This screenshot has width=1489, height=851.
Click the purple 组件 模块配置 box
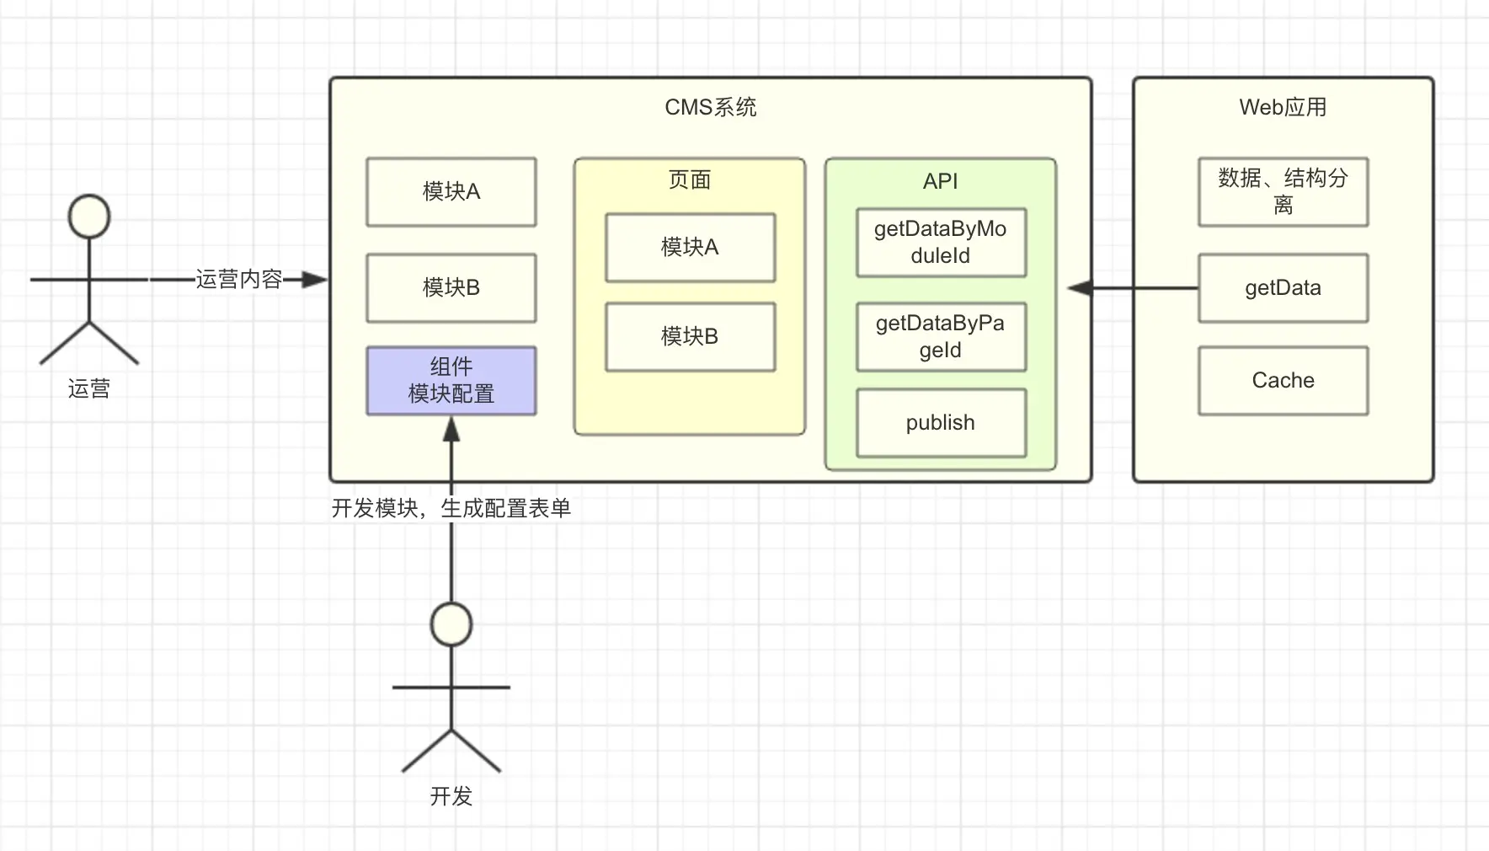click(x=451, y=381)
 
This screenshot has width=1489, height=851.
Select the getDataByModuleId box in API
click(x=941, y=243)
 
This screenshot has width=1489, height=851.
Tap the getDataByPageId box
click(x=941, y=337)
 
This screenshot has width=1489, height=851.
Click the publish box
click(x=941, y=423)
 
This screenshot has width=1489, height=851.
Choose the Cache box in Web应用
click(x=1283, y=381)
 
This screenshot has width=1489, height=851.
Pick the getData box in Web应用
click(x=1283, y=288)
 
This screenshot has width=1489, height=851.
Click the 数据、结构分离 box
click(x=1283, y=192)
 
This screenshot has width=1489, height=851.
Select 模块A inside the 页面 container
click(x=690, y=248)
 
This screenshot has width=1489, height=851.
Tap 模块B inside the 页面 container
click(x=690, y=337)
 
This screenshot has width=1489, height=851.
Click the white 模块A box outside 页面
click(x=451, y=192)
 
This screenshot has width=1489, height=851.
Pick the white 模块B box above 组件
click(x=451, y=288)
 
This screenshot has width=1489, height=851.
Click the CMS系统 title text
click(x=711, y=107)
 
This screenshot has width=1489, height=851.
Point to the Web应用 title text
click(x=1283, y=107)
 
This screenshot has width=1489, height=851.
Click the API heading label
click(x=941, y=181)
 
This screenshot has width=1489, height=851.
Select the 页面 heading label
click(x=690, y=179)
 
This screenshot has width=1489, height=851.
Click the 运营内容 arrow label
click(x=239, y=279)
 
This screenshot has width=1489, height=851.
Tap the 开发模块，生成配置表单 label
click(x=451, y=508)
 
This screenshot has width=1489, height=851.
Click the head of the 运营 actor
click(x=89, y=217)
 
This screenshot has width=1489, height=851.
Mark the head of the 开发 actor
click(x=451, y=624)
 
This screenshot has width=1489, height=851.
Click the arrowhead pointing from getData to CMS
click(x=1080, y=288)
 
